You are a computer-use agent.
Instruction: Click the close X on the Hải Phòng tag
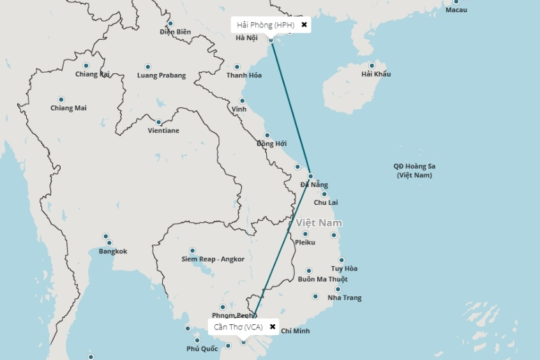304,25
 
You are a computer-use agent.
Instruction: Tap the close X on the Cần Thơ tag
273,327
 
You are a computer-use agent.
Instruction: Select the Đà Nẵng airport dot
310,176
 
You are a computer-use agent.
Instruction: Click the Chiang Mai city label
68,108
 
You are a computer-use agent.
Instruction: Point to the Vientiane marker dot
159,122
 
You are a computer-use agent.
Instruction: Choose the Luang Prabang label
161,75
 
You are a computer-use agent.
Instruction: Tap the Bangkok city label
113,251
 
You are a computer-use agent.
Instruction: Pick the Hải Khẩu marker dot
371,65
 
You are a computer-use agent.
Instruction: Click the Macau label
456,10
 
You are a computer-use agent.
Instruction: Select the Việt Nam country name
319,223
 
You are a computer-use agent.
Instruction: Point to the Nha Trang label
344,298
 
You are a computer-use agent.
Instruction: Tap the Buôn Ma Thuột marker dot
309,271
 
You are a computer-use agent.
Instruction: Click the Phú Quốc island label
202,349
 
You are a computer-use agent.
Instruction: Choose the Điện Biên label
176,32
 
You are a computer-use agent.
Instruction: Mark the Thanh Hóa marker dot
237,66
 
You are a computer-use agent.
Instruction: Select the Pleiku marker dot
306,234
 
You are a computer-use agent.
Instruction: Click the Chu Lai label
326,202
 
